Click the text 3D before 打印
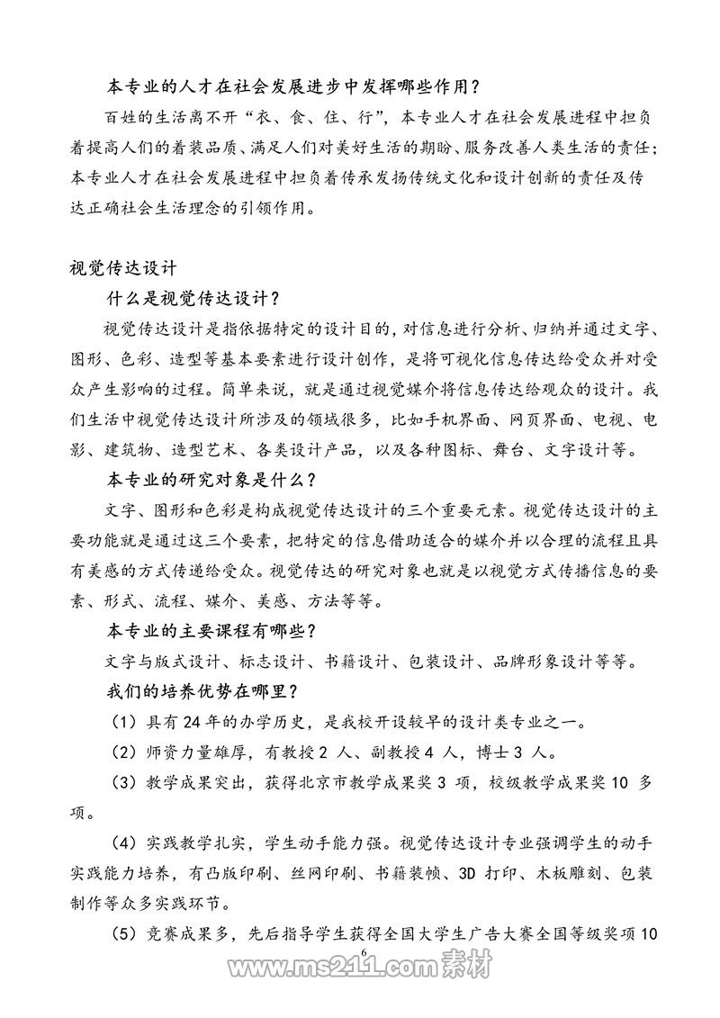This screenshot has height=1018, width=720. (471, 847)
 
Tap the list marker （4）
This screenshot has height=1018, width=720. (122, 816)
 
